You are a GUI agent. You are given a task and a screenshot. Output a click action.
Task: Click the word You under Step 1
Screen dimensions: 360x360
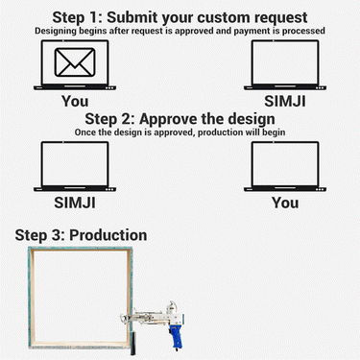[74, 101]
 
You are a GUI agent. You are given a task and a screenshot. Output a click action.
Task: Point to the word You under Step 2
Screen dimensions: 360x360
[284, 203]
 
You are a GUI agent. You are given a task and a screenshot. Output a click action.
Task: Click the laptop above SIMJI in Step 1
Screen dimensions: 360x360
[284, 67]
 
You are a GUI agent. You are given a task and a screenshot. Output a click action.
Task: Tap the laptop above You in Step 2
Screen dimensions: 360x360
[284, 168]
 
